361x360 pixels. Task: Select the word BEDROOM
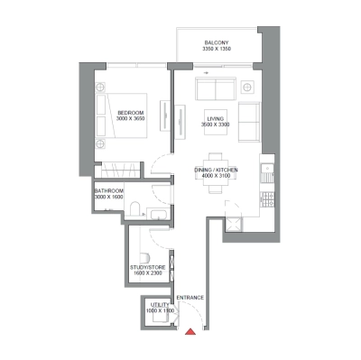tap(106, 113)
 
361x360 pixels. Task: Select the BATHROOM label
tap(109, 191)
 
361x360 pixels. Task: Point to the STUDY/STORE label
tap(147, 267)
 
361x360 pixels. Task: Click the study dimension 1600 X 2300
tap(147, 273)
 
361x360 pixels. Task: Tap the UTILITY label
tap(161, 305)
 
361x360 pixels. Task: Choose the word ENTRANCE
tap(190, 297)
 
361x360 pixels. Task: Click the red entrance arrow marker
tap(190, 333)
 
